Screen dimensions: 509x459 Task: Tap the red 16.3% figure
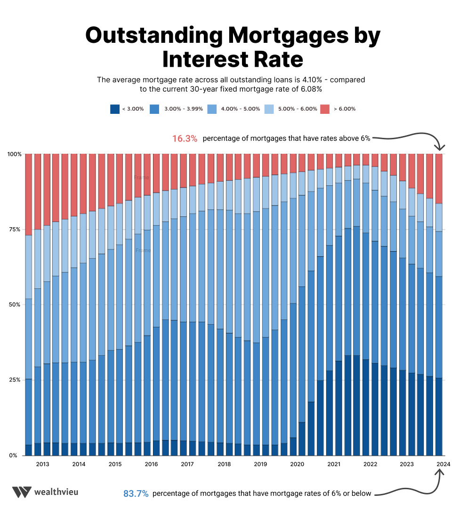click(x=185, y=139)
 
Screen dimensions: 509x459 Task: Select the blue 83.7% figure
click(x=136, y=493)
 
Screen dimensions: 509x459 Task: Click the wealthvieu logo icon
click(x=22, y=492)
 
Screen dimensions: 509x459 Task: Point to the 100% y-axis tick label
click(x=15, y=154)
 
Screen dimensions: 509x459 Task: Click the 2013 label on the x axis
click(x=42, y=464)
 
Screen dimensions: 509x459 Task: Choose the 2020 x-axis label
click(x=297, y=464)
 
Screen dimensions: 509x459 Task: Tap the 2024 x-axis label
click(x=443, y=464)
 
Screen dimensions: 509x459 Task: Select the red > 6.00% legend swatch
click(x=325, y=109)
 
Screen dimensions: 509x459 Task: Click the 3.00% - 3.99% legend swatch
click(x=154, y=109)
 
